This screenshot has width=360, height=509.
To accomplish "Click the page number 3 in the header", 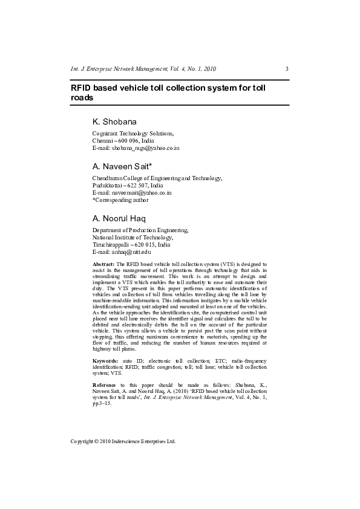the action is [x=287, y=68].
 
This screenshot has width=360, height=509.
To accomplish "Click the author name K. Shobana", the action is [x=114, y=122].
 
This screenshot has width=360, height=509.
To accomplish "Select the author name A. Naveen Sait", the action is [x=122, y=166].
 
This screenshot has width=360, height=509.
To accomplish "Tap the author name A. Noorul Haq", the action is [x=119, y=218].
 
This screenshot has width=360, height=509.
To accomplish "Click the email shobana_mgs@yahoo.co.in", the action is [x=143, y=148].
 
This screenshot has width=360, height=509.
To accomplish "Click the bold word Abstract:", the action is [x=103, y=265].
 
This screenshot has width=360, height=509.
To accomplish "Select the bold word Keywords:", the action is [x=105, y=360].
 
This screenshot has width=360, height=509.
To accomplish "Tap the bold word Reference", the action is [x=104, y=384].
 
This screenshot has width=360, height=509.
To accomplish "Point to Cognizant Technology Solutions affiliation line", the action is [x=133, y=133].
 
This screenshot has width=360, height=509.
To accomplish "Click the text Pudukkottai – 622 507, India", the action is [x=128, y=185].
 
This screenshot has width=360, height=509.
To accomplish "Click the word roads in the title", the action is [x=82, y=97].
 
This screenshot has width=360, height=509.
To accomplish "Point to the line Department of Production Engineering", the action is [x=140, y=230].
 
